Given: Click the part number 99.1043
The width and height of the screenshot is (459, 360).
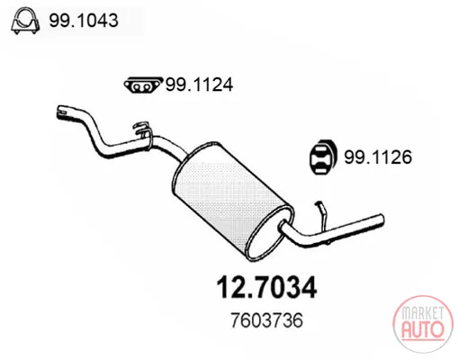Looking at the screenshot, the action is click(x=84, y=21).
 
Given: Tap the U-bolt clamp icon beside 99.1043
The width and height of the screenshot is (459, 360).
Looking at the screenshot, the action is click(x=25, y=21).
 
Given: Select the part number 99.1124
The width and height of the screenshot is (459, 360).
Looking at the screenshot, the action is click(x=199, y=85).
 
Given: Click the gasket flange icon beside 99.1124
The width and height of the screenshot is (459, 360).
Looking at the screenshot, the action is click(x=143, y=85).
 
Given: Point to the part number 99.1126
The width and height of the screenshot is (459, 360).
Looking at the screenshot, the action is click(x=378, y=157).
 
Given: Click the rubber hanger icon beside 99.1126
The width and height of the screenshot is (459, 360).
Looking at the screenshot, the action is click(x=323, y=157).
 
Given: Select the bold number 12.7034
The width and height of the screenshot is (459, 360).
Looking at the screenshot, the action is click(x=266, y=287).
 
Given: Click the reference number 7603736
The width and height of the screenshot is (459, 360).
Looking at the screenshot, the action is click(x=266, y=320).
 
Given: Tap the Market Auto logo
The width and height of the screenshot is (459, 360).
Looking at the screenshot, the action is click(x=423, y=324).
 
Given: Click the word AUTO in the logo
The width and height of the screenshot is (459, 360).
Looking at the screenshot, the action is click(x=423, y=329).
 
